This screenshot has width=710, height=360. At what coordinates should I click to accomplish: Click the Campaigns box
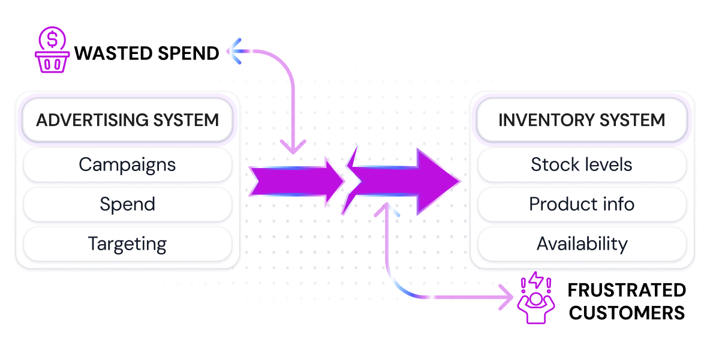127,164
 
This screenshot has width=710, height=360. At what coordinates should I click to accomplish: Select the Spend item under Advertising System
127,204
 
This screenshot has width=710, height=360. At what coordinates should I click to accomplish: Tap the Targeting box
127,244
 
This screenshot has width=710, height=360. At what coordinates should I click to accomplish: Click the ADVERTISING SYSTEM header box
127,119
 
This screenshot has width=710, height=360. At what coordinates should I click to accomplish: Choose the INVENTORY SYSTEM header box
582,119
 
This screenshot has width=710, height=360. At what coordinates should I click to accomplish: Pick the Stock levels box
582,164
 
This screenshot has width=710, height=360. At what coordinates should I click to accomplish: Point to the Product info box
582,204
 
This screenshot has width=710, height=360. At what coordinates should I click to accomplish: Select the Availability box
582,244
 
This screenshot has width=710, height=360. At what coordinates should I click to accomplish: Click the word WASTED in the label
106,53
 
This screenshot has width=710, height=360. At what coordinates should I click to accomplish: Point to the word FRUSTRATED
627,290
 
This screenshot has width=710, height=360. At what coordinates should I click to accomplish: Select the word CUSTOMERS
627,313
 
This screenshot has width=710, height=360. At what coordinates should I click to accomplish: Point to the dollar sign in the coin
52,40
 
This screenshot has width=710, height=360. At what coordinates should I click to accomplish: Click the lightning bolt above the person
535,280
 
